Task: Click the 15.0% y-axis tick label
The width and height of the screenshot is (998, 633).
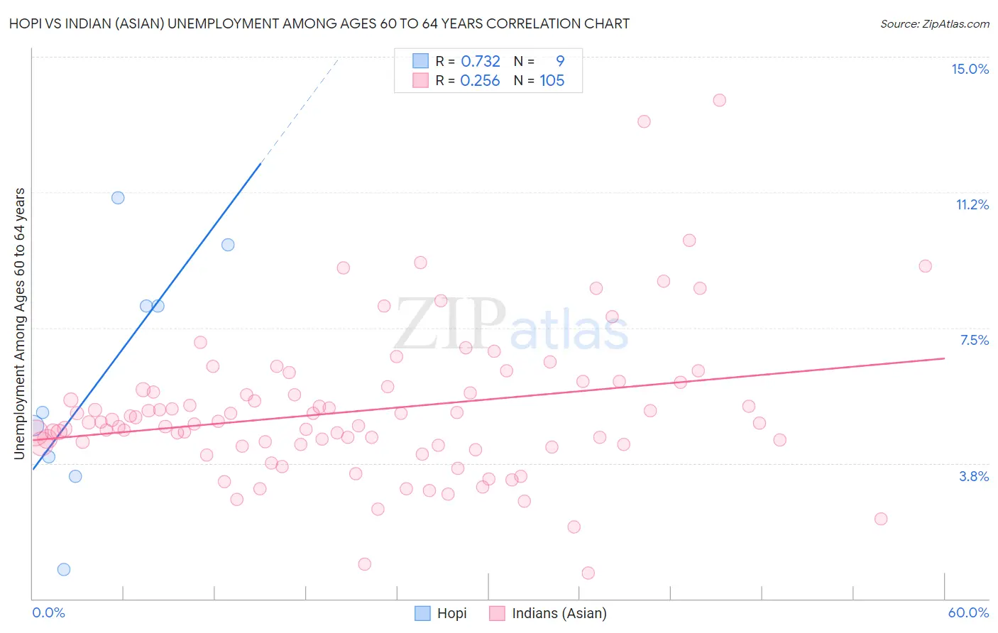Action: [970, 69]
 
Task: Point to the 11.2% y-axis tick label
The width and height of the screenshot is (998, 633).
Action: [972, 204]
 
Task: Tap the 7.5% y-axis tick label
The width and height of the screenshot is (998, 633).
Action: [974, 340]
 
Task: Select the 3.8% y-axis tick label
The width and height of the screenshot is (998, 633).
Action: [974, 476]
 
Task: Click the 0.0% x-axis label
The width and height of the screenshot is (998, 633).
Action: [48, 612]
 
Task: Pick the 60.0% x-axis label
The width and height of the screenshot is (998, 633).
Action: [968, 612]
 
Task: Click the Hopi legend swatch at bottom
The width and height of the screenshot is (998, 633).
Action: [422, 613]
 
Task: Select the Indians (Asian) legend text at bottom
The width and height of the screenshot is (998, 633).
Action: [559, 613]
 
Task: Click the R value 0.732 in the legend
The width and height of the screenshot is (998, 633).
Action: [481, 62]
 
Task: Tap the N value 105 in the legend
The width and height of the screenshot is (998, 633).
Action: [552, 81]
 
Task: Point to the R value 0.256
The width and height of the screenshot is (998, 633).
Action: [480, 81]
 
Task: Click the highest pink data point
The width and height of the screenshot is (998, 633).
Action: [719, 100]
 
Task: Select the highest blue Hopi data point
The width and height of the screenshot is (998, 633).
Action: [118, 198]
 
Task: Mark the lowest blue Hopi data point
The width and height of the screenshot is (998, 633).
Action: [64, 569]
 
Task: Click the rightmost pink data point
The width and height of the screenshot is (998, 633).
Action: [925, 266]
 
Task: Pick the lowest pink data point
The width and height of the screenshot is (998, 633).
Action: [588, 573]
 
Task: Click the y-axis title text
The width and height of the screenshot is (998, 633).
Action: [20, 323]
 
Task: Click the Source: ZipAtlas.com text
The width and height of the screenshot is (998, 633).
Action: [934, 23]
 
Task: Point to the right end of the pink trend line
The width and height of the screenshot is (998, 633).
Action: [944, 358]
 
